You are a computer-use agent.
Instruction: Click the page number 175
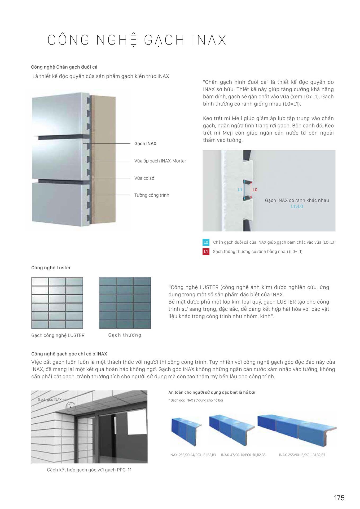click(x=339, y=498)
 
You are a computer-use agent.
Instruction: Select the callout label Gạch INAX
click(x=145, y=143)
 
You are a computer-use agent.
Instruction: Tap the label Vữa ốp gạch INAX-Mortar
click(x=160, y=161)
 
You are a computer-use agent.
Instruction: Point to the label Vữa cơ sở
click(x=144, y=178)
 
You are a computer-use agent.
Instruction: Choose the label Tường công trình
click(x=152, y=195)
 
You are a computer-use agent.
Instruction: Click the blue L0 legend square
click(x=206, y=242)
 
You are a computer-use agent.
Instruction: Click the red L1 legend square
click(x=206, y=251)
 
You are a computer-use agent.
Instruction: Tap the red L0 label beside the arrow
click(x=255, y=190)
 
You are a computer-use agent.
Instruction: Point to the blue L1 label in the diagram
click(x=240, y=190)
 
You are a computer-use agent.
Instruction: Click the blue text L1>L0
click(x=297, y=207)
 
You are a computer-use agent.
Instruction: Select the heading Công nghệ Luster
click(x=51, y=268)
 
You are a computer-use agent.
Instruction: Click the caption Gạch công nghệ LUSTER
click(x=58, y=335)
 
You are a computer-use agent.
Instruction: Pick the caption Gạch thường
click(x=125, y=335)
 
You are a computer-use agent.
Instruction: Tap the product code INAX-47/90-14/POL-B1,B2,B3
click(x=243, y=455)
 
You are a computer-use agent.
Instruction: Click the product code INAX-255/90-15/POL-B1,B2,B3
click(x=302, y=455)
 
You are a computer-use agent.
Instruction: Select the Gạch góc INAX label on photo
click(x=50, y=400)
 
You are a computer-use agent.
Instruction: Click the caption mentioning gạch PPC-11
click(x=89, y=470)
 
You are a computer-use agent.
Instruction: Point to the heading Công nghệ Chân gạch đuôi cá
click(x=64, y=67)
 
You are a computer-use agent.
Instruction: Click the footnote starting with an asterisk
click(x=196, y=400)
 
